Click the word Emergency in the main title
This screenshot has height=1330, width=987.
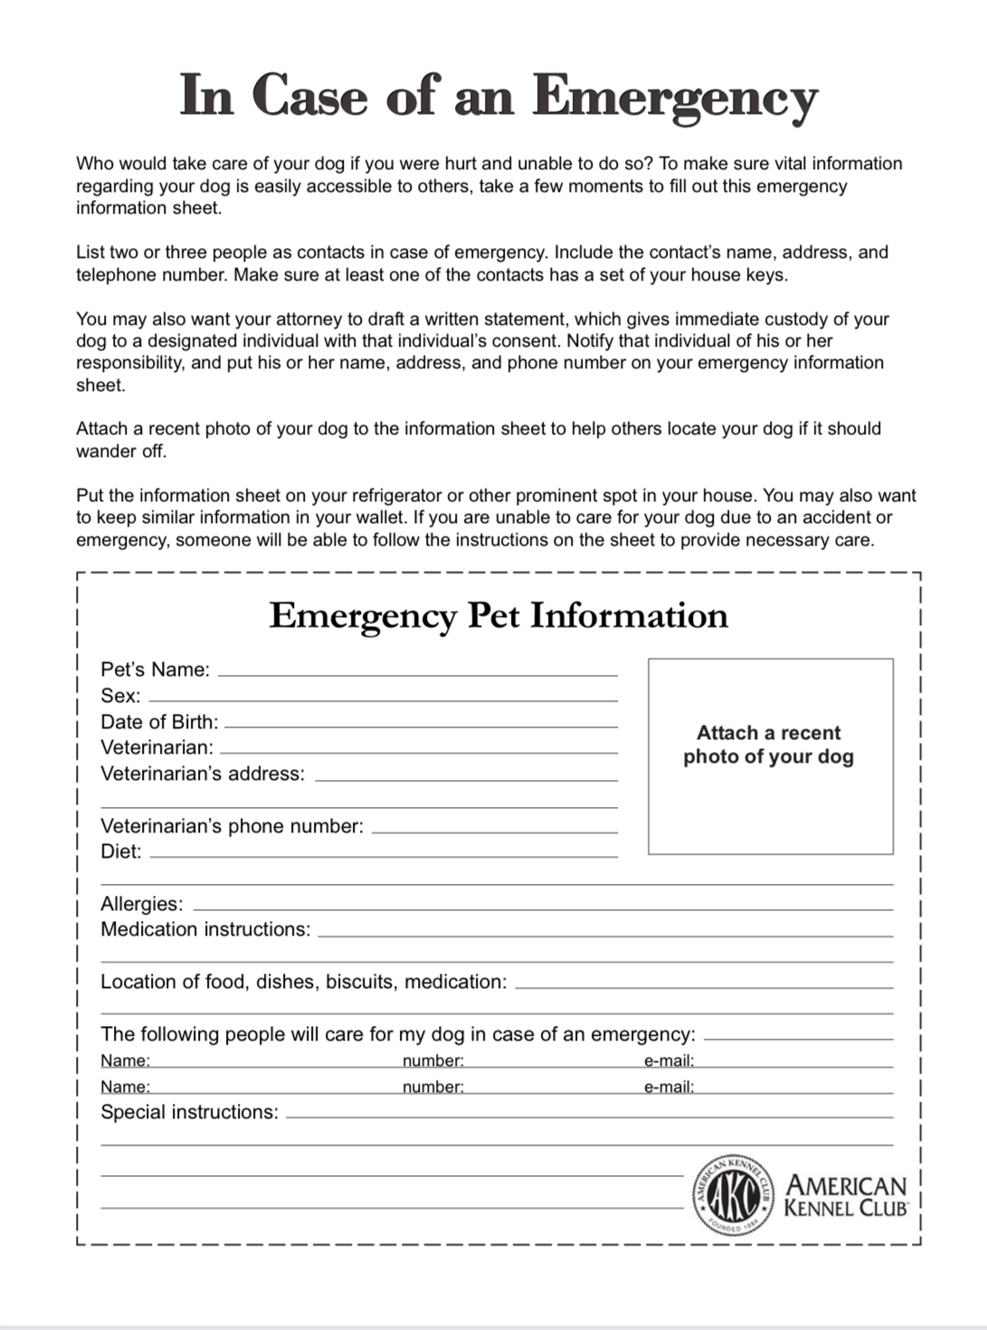pyautogui.click(x=675, y=96)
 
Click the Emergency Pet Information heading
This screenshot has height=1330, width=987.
pyautogui.click(x=498, y=615)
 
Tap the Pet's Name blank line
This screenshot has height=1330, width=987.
pyautogui.click(x=418, y=674)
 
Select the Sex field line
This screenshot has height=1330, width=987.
pyautogui.click(x=383, y=699)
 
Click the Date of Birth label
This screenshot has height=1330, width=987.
pyautogui.click(x=159, y=722)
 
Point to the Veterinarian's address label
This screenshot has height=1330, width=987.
pyautogui.click(x=203, y=774)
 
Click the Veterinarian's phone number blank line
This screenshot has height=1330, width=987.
pyautogui.click(x=494, y=831)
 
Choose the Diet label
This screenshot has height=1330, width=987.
pyautogui.click(x=120, y=851)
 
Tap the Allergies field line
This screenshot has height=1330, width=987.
pyautogui.click(x=543, y=908)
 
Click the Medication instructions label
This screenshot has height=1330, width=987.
pyautogui.click(x=205, y=929)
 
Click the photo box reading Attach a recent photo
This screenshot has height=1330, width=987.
pyautogui.click(x=770, y=755)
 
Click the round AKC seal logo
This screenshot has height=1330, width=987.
pyautogui.click(x=733, y=1196)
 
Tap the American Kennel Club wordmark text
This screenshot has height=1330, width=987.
pyautogui.click(x=846, y=1196)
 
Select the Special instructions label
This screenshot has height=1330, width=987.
pyautogui.click(x=189, y=1112)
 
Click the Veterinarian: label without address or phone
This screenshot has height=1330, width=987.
pyautogui.click(x=157, y=747)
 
